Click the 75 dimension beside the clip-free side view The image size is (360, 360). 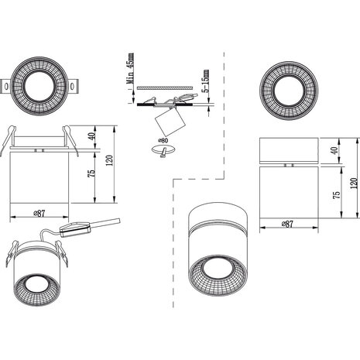[338, 196]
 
